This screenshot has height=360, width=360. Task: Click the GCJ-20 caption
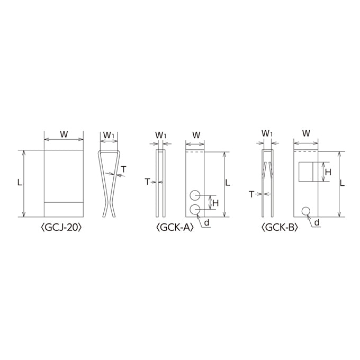point(61,228)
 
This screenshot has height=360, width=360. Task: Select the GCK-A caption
point(175,228)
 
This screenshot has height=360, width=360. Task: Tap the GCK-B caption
point(280,228)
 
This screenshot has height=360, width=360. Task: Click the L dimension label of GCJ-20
point(20,183)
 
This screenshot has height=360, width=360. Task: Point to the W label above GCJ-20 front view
point(64,134)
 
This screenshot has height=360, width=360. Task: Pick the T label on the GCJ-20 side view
point(124,169)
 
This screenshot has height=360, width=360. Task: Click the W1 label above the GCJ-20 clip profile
point(109,135)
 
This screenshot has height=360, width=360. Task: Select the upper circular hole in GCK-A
point(195,195)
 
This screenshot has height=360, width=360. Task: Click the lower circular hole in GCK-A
point(195,209)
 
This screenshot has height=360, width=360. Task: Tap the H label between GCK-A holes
point(215,203)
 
